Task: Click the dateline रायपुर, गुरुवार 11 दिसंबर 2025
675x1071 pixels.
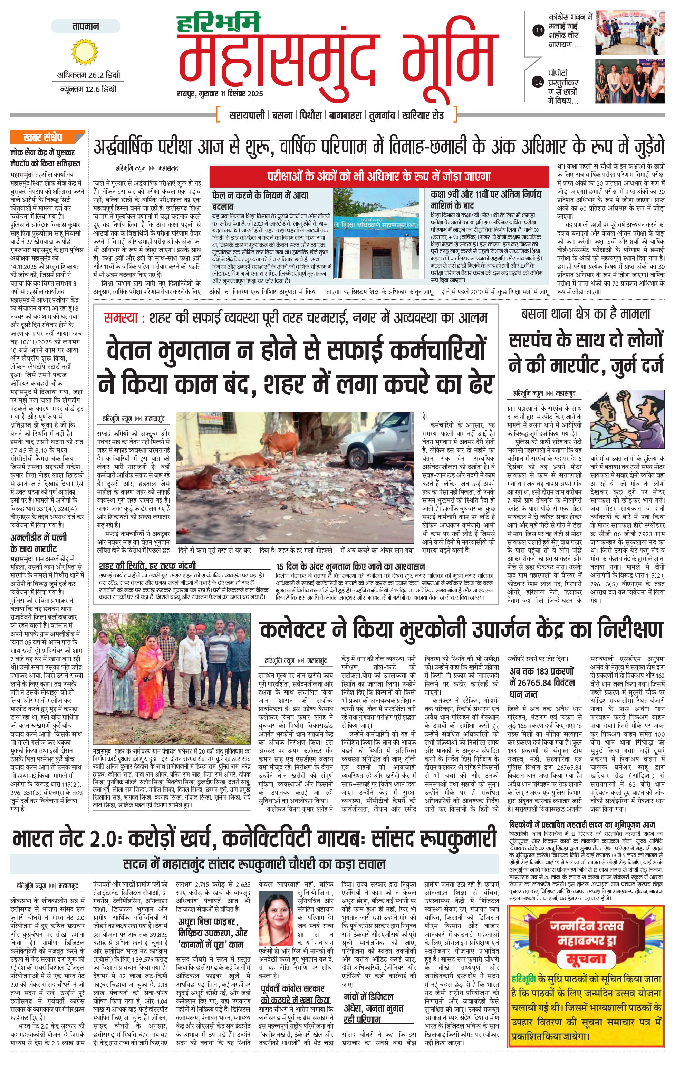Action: [x=220, y=93]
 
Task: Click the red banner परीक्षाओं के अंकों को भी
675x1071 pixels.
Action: [x=379, y=176]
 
